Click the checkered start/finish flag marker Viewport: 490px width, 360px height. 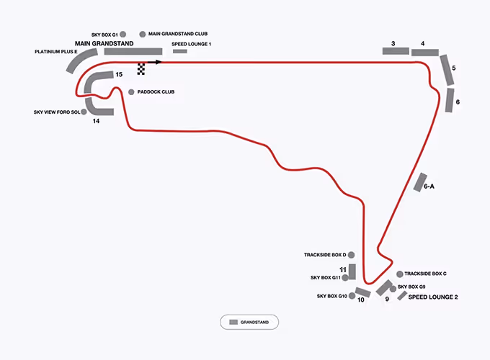(141, 68)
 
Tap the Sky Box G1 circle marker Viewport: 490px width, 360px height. (124, 34)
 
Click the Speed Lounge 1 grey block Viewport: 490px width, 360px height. (179, 52)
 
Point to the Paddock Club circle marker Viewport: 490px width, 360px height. (130, 92)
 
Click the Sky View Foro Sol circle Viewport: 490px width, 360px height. (84, 112)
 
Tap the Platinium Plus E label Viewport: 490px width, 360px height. (55, 52)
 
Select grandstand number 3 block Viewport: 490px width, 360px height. (396, 51)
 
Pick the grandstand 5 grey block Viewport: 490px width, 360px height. (447, 68)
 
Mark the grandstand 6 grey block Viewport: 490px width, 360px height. (450, 99)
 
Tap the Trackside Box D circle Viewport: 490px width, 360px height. (352, 255)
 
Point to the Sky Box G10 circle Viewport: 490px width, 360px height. (352, 296)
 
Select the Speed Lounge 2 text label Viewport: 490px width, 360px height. (433, 297)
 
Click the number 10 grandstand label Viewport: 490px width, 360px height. (361, 300)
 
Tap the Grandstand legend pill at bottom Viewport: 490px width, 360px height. (249, 323)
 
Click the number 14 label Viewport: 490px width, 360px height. (95, 122)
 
